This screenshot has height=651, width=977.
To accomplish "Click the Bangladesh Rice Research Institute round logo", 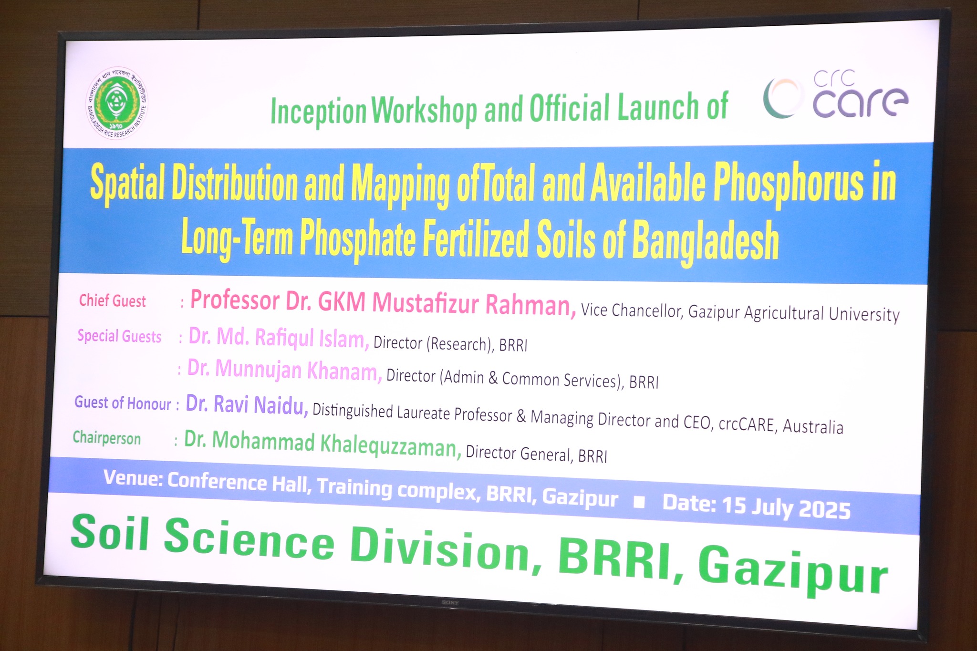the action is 117,103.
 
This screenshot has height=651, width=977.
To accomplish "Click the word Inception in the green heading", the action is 318,111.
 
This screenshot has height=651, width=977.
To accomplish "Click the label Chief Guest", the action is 113,301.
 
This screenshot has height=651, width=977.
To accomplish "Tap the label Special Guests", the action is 119,336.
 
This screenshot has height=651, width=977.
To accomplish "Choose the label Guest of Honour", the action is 123,403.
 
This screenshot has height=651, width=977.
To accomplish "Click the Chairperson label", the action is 107,438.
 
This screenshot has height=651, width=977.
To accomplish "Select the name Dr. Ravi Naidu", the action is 247,405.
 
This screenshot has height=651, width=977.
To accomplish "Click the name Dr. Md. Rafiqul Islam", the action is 279,338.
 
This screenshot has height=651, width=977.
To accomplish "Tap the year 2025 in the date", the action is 824,510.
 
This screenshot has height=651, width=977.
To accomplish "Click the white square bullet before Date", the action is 639,503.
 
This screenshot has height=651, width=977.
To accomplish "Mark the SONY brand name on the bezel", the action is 450,603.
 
